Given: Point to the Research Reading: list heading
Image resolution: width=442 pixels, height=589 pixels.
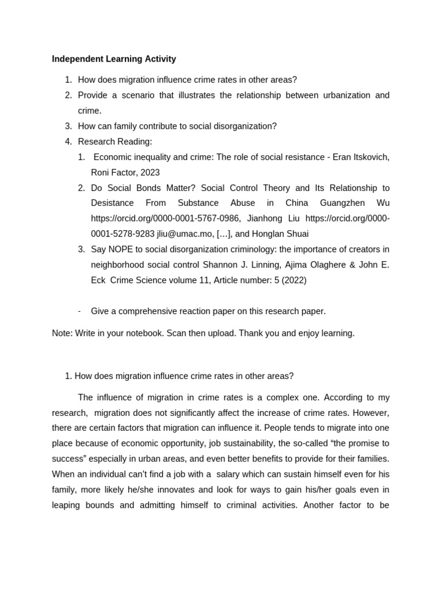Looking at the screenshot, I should pyautogui.click(x=115, y=141).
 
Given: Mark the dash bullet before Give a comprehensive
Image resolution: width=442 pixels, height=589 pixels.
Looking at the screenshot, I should pyautogui.click(x=79, y=311).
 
